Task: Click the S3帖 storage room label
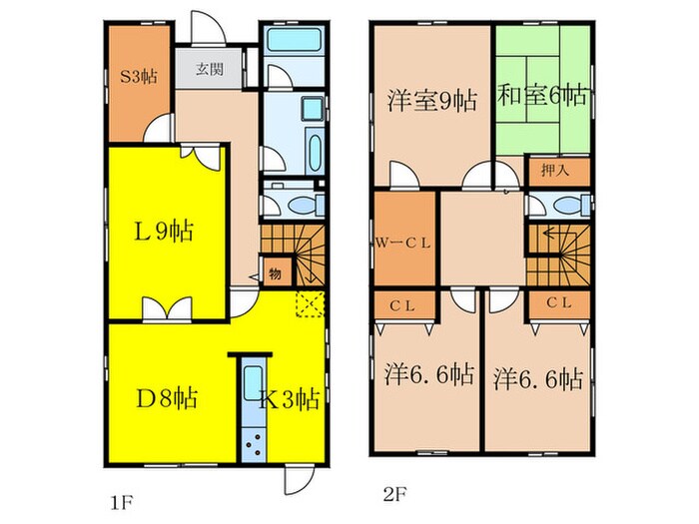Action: pyautogui.click(x=139, y=77)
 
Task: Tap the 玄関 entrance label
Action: pyautogui.click(x=210, y=69)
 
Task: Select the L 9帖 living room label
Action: pyautogui.click(x=164, y=232)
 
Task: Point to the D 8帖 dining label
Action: pyautogui.click(x=167, y=399)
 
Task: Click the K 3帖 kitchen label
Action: pyautogui.click(x=290, y=399)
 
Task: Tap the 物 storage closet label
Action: pyautogui.click(x=275, y=274)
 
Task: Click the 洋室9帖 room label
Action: pyautogui.click(x=432, y=101)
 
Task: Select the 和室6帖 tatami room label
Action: pyautogui.click(x=541, y=96)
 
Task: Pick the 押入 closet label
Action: pyautogui.click(x=555, y=170)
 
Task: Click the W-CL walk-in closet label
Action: pyautogui.click(x=403, y=244)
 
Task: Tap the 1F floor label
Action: pyautogui.click(x=122, y=503)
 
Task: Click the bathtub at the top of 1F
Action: pyautogui.click(x=295, y=40)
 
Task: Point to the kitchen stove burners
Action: pyautogui.click(x=253, y=444)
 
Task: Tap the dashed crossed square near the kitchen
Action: pyautogui.click(x=311, y=303)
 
